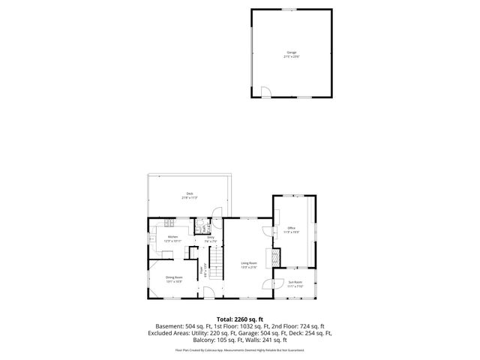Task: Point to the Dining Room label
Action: tap(174, 279)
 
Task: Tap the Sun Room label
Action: tap(295, 284)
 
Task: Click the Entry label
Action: tap(211, 239)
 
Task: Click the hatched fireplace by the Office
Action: tap(274, 257)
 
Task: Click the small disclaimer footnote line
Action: tap(239, 349)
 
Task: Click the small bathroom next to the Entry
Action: tap(201, 226)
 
